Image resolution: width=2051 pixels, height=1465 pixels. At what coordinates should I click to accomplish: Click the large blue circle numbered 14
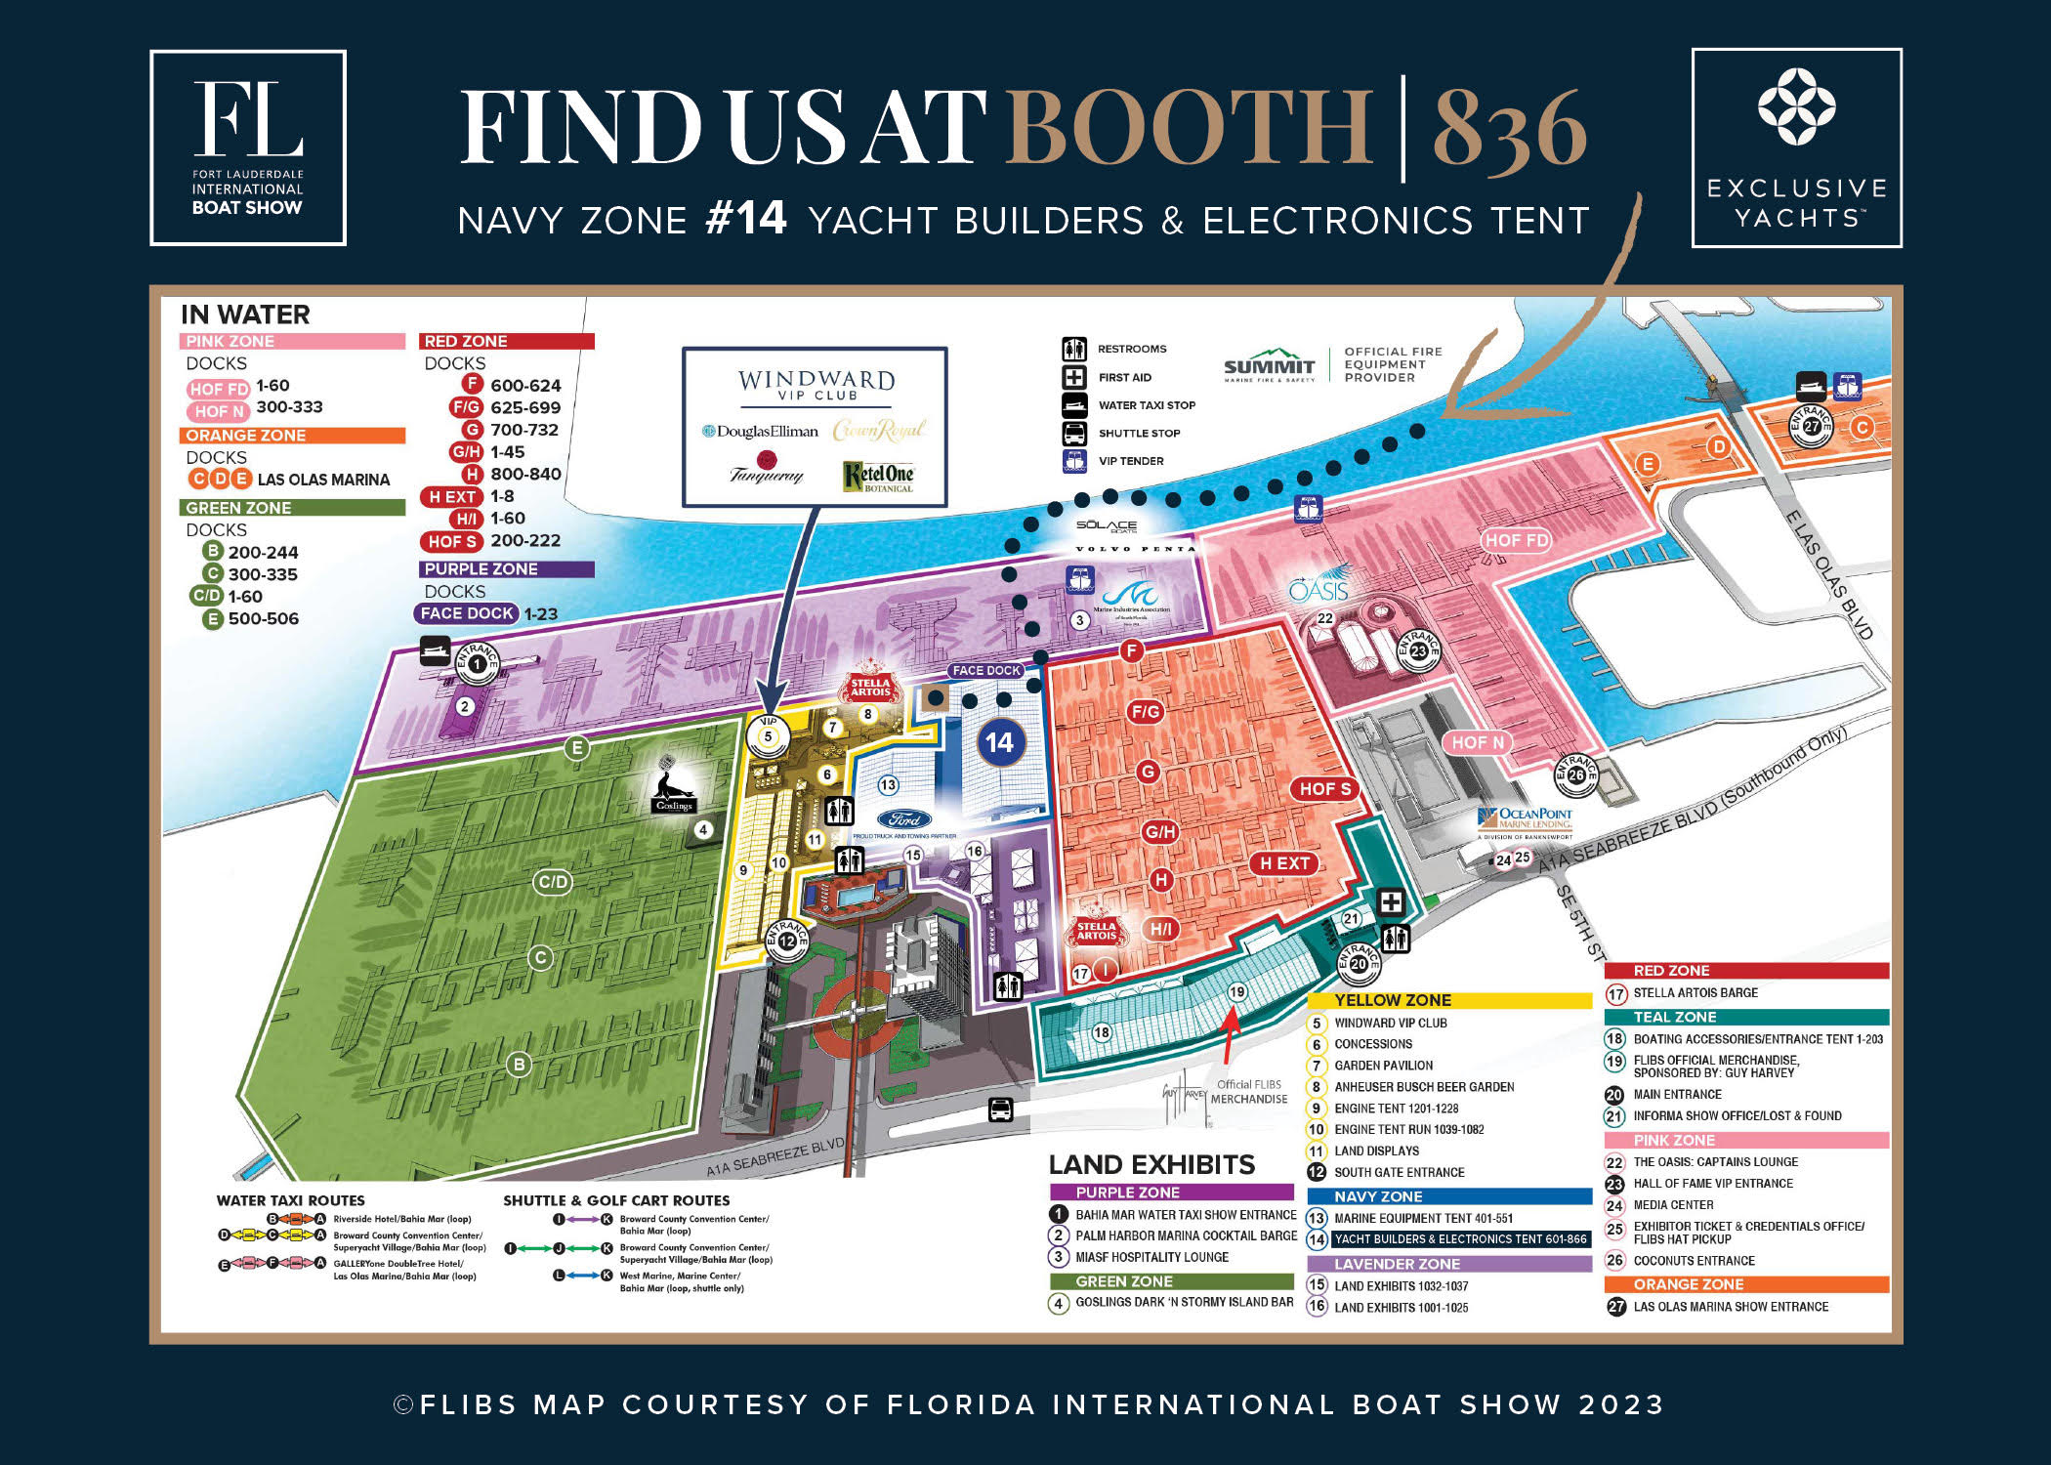click(x=999, y=743)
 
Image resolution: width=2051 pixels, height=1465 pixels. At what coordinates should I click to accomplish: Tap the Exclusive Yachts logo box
click(x=1796, y=147)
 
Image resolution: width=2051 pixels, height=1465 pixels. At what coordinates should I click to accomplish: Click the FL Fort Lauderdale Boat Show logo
click(x=248, y=147)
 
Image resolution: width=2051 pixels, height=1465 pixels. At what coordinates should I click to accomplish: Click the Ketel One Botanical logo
click(x=878, y=476)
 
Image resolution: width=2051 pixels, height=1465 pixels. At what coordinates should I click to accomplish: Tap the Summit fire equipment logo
click(x=1270, y=365)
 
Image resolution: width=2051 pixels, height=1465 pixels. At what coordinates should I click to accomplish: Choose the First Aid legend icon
click(x=1074, y=377)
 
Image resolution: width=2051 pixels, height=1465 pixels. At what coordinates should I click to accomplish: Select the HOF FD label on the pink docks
click(x=1516, y=540)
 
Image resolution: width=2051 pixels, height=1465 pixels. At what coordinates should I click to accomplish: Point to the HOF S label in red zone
click(x=1324, y=789)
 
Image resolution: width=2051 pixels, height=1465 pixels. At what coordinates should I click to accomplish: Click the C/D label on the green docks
click(x=553, y=881)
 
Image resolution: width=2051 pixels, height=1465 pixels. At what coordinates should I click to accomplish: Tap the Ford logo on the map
click(x=903, y=820)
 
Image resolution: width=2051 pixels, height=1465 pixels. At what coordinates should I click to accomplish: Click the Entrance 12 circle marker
click(x=787, y=940)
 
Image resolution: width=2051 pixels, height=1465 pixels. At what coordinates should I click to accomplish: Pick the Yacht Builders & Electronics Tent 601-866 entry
click(x=1460, y=1239)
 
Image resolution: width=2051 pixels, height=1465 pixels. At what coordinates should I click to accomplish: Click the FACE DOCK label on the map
click(x=986, y=670)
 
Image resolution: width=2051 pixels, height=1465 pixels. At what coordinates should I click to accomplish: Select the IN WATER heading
click(x=245, y=314)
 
